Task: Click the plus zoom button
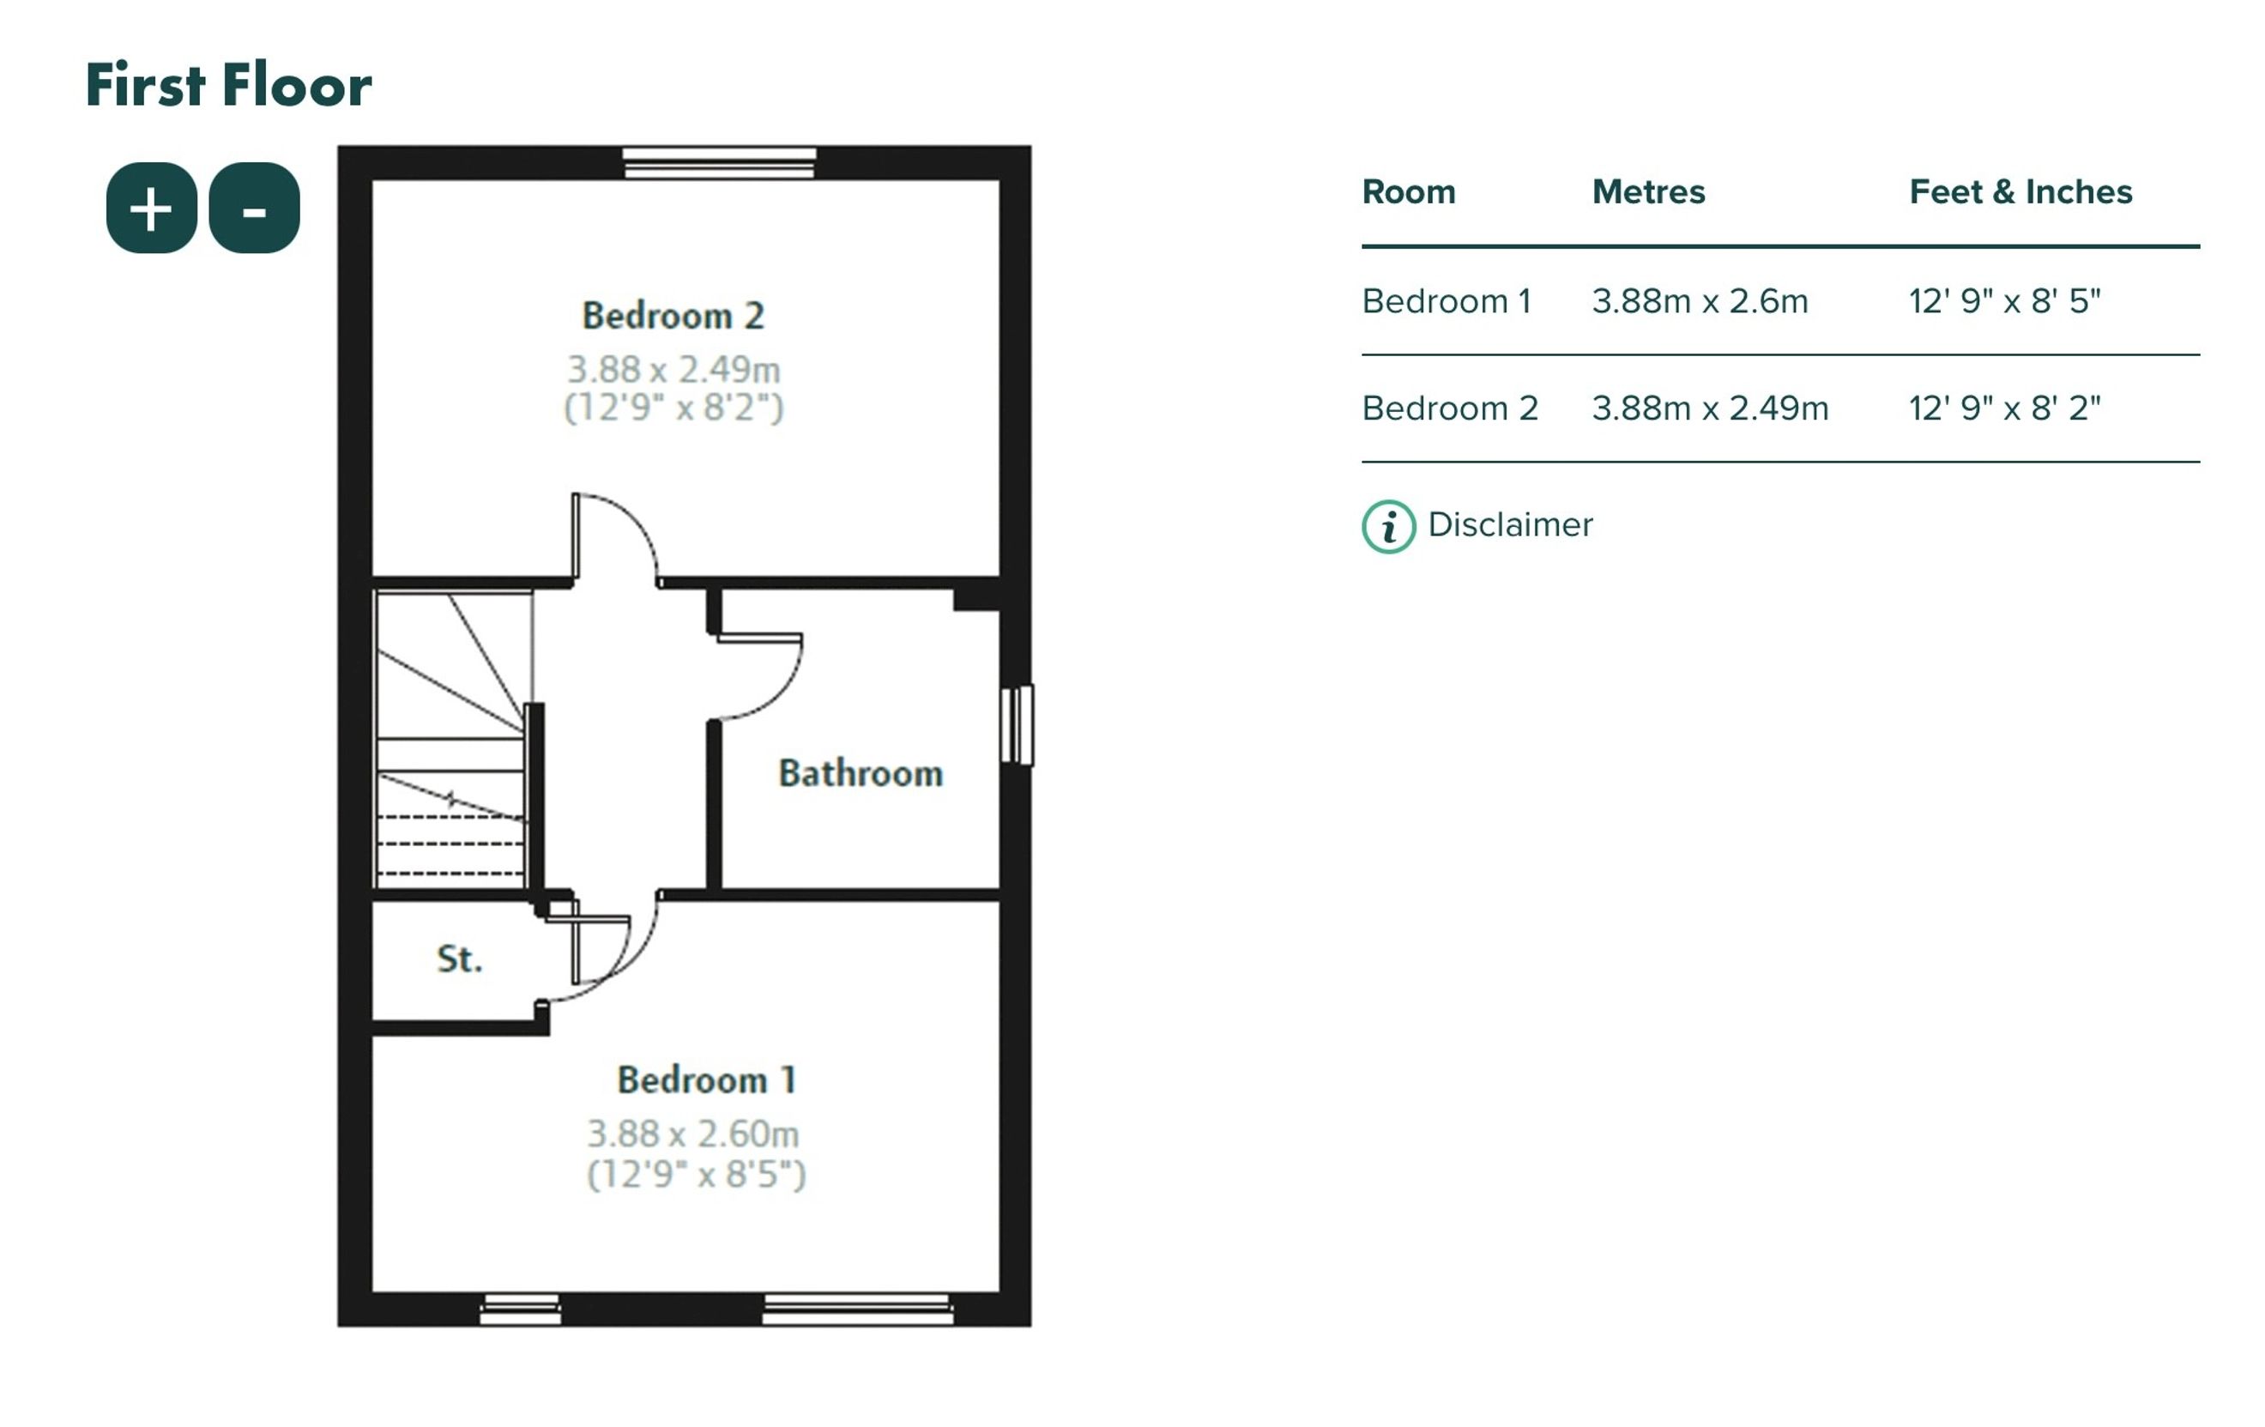coord(152,208)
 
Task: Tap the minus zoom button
coord(254,208)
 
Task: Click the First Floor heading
coord(228,85)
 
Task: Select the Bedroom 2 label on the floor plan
coord(673,316)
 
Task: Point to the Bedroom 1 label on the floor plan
coord(707,1079)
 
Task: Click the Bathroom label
coord(861,773)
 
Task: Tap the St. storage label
coord(460,958)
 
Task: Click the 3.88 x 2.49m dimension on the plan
coord(673,370)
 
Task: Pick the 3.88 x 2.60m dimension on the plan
coord(693,1134)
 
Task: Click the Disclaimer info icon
coord(1388,527)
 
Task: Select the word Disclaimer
coord(1511,525)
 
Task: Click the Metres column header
coord(1648,192)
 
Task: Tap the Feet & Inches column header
coord(2020,192)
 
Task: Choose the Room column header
coord(1409,192)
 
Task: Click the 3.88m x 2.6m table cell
coord(1700,301)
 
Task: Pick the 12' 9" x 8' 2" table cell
coord(2004,408)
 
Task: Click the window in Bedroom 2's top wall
coord(720,163)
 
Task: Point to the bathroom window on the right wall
coord(1017,725)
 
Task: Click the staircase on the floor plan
coord(452,740)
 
